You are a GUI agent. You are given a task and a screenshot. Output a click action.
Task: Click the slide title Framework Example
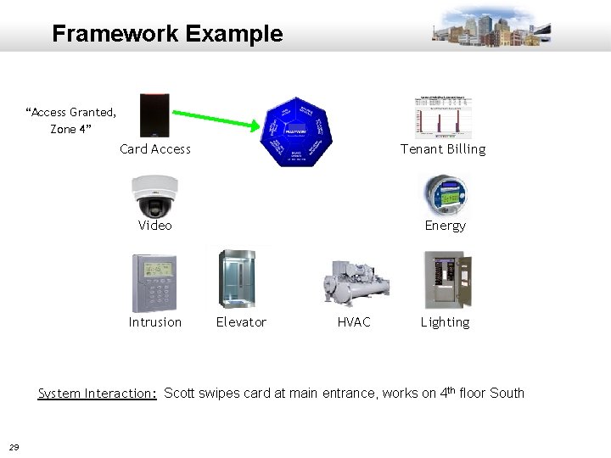167,34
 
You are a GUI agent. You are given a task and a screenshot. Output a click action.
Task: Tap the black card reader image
155,114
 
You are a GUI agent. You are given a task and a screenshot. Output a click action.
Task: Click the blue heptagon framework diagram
295,130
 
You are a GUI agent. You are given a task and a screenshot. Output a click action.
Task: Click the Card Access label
155,149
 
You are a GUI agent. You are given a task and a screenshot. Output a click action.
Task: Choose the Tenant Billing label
444,149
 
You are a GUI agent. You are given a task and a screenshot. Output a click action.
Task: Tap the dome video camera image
154,196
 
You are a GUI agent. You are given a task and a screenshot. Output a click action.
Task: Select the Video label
155,226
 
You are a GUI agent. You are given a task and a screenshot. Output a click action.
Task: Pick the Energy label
446,226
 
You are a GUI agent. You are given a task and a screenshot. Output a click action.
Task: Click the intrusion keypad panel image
154,283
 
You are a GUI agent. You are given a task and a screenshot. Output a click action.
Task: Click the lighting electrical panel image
447,280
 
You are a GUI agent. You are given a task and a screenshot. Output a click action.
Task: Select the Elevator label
241,322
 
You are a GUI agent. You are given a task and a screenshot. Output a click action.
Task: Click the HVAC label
354,322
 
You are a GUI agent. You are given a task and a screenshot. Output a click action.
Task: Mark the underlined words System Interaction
98,393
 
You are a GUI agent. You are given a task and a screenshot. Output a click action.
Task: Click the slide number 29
14,447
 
